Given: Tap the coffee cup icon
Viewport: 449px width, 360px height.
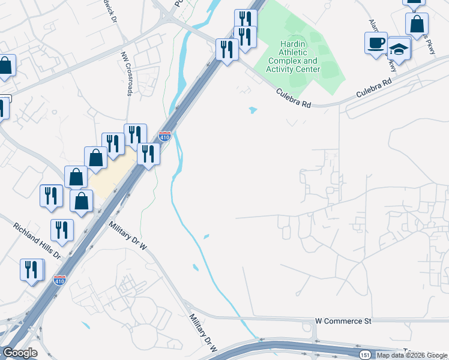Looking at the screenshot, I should (x=376, y=43).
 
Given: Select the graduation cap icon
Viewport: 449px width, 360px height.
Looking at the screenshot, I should (x=399, y=47).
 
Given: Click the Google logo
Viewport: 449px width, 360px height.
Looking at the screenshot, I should (x=20, y=353).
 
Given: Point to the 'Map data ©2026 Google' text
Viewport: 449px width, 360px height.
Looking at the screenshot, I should (x=412, y=355).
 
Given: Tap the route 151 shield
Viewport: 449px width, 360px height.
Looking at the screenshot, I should (x=365, y=355).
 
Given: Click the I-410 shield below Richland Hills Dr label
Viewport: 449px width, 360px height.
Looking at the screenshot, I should (x=59, y=280).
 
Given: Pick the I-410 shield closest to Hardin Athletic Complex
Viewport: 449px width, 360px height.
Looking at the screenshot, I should (x=165, y=137).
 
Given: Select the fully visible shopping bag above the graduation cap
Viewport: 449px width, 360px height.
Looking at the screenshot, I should (x=417, y=25).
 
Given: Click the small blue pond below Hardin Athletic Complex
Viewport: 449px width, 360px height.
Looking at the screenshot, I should (x=252, y=110).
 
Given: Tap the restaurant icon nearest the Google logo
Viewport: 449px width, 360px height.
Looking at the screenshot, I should (x=31, y=269).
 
